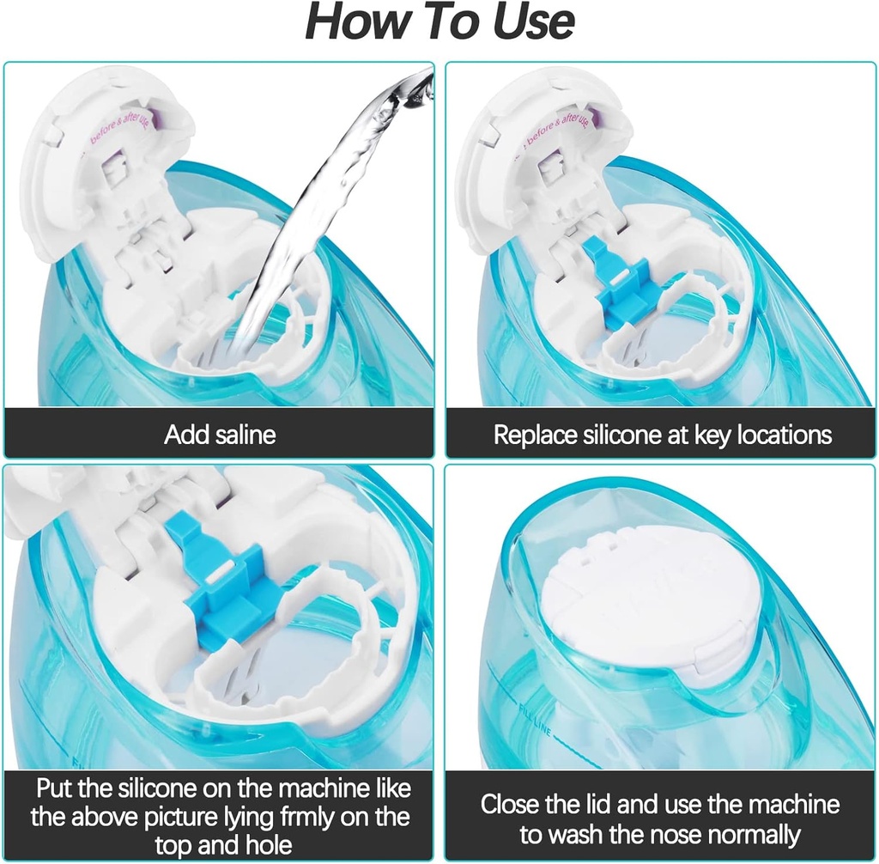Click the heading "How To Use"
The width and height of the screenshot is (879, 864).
(x=439, y=23)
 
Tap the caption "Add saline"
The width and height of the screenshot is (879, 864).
(x=220, y=435)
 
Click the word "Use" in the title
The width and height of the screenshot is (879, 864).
(x=525, y=23)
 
